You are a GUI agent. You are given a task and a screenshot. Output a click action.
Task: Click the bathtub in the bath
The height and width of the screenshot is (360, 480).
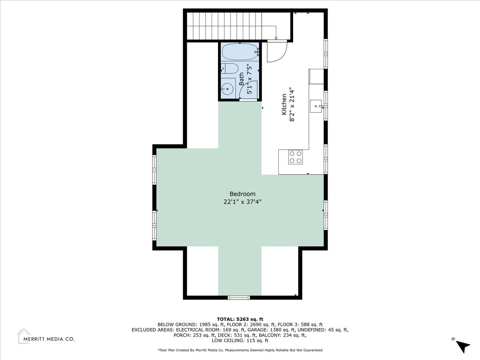tap(240, 52)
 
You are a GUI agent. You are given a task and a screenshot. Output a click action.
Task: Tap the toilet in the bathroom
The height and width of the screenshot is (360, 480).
tap(229, 69)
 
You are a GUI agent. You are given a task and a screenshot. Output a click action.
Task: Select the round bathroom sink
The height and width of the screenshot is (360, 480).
tap(228, 89)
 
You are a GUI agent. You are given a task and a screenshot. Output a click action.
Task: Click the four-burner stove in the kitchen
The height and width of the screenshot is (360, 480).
tap(296, 157)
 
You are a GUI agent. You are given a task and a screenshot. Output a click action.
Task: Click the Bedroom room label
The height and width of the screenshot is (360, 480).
tap(242, 194)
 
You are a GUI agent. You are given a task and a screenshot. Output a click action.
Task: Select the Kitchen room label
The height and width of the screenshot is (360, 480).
tap(284, 104)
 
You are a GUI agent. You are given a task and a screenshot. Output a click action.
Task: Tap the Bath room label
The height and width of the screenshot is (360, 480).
tap(241, 79)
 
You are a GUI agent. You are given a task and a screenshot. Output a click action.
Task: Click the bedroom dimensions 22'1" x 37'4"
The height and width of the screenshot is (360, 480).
tap(242, 202)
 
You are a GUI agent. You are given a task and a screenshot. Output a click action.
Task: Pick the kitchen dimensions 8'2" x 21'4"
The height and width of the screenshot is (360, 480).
tap(292, 104)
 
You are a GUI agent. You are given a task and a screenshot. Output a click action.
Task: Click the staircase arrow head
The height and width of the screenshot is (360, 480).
tap(276, 38)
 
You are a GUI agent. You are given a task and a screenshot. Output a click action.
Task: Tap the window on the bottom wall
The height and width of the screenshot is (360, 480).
tap(239, 298)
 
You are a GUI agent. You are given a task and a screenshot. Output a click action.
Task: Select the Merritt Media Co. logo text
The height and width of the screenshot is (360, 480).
tap(49, 339)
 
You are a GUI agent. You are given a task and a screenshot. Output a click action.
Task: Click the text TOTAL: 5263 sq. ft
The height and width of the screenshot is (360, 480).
tap(240, 319)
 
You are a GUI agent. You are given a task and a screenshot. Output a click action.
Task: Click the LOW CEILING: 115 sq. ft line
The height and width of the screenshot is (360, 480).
tap(240, 340)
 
